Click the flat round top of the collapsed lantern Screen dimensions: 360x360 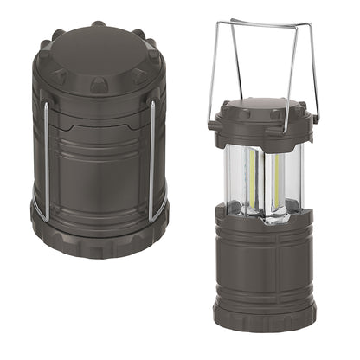pyautogui.click(x=99, y=54)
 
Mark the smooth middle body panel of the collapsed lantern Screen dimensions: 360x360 pyautogui.click(x=99, y=173)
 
